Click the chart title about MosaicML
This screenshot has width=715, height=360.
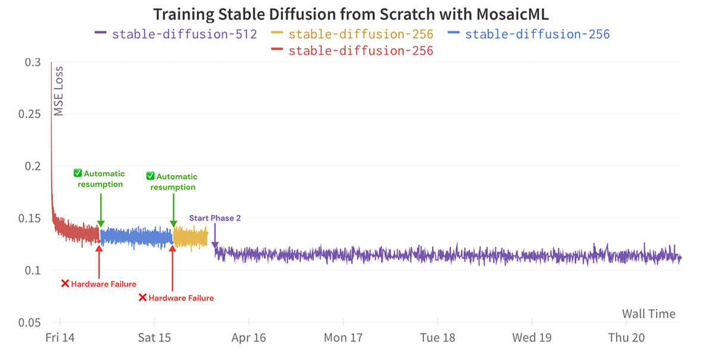351,14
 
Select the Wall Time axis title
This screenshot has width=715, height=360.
649,314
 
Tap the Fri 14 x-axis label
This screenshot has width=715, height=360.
60,338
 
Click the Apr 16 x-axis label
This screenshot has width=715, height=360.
249,338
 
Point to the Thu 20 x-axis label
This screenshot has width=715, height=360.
626,338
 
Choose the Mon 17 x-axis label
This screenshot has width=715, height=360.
343,338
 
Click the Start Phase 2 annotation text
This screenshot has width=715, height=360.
215,218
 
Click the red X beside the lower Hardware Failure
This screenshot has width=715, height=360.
142,297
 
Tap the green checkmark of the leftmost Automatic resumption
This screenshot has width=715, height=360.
77,173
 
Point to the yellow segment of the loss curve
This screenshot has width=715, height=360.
190,237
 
